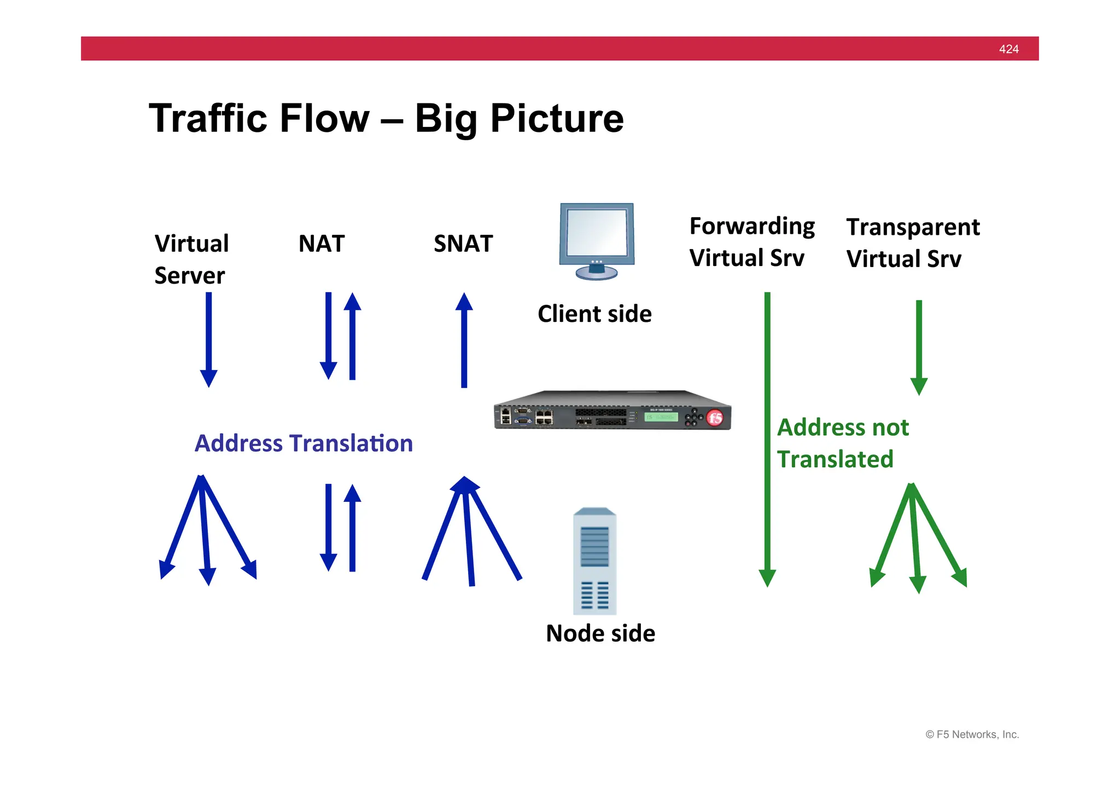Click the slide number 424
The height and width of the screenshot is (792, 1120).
(x=1008, y=49)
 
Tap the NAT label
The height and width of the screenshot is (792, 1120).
(x=322, y=244)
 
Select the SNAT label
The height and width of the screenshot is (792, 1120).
(x=463, y=244)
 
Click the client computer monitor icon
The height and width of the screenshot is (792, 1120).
(x=597, y=241)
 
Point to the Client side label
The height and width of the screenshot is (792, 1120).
(x=594, y=314)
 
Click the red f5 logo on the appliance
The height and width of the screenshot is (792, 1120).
(x=715, y=418)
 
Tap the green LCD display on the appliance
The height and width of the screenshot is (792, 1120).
(x=661, y=417)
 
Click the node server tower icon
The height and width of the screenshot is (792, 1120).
(x=594, y=562)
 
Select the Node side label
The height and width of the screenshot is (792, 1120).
(x=600, y=633)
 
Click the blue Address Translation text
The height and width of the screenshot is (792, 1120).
(x=304, y=443)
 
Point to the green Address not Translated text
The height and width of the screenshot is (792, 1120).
(x=842, y=443)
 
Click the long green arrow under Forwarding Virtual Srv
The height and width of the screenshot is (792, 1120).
(x=767, y=438)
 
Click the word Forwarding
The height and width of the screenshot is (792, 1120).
(x=752, y=227)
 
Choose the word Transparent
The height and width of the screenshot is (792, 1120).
(x=913, y=228)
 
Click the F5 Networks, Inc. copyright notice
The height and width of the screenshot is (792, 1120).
(x=972, y=735)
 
